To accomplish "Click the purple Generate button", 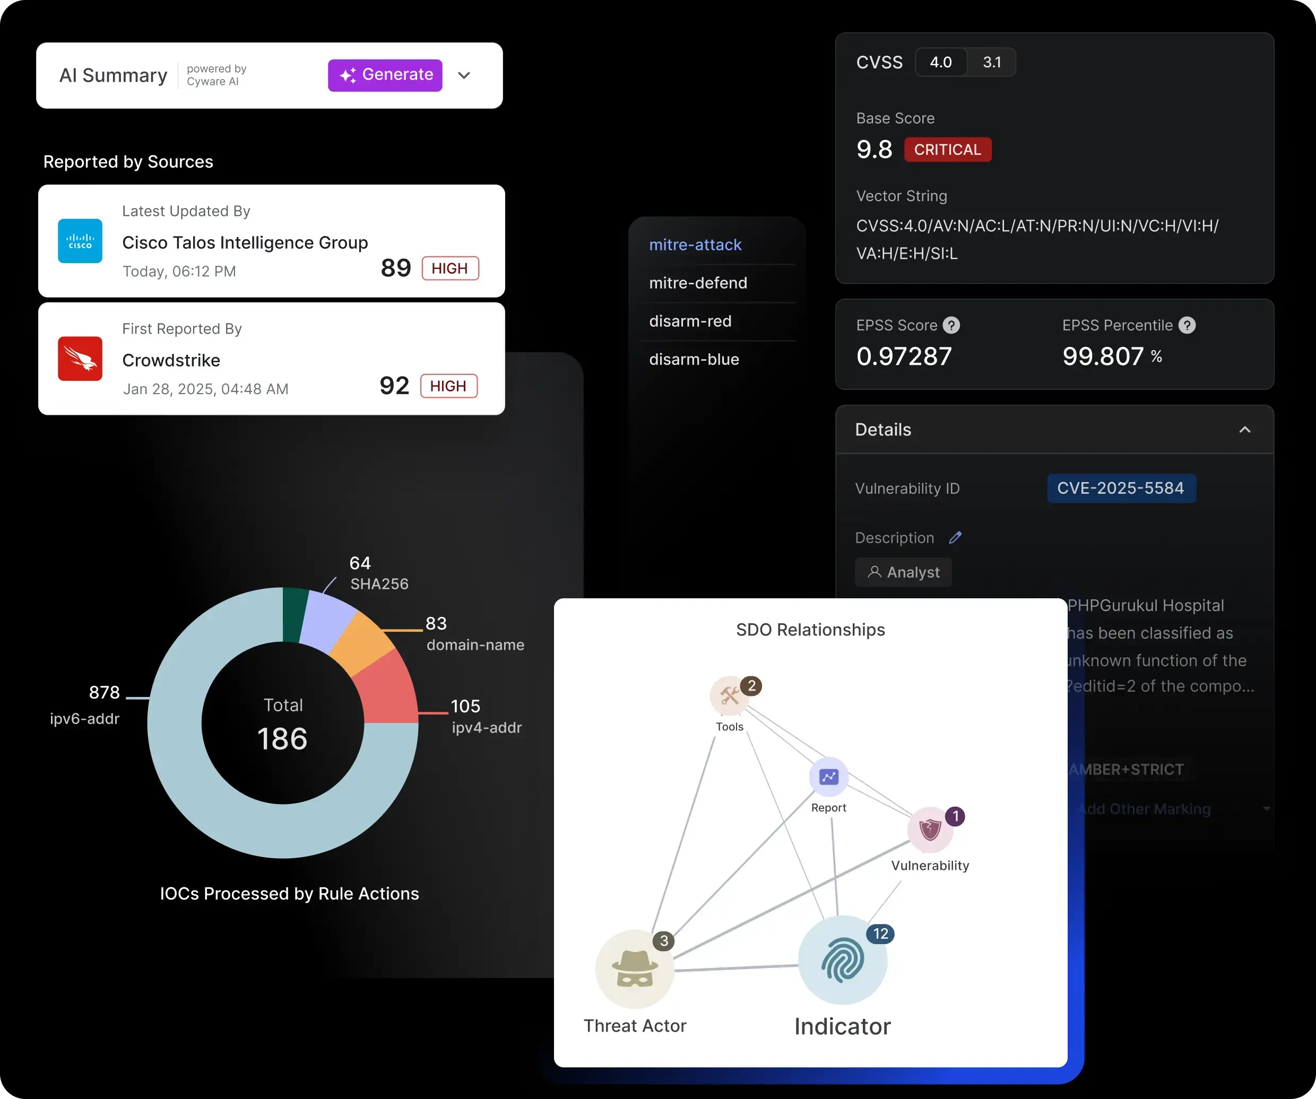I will (x=385, y=75).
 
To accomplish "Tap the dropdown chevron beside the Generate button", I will (x=464, y=75).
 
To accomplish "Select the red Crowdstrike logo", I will (x=80, y=358).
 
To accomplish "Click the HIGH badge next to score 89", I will (x=450, y=268).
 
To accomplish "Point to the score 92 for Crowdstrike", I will (x=394, y=385).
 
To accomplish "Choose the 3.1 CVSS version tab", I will (x=991, y=62).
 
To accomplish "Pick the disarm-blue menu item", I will (x=694, y=360).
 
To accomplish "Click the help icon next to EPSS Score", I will (x=951, y=325).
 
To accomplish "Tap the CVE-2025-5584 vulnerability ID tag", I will (x=1121, y=489).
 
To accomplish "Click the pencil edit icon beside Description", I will (x=955, y=537).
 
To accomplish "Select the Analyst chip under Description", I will (x=903, y=572).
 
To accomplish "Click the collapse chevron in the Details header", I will (x=1244, y=430).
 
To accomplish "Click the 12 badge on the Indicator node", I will (x=880, y=934).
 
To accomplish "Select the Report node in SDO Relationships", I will (x=828, y=777).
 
